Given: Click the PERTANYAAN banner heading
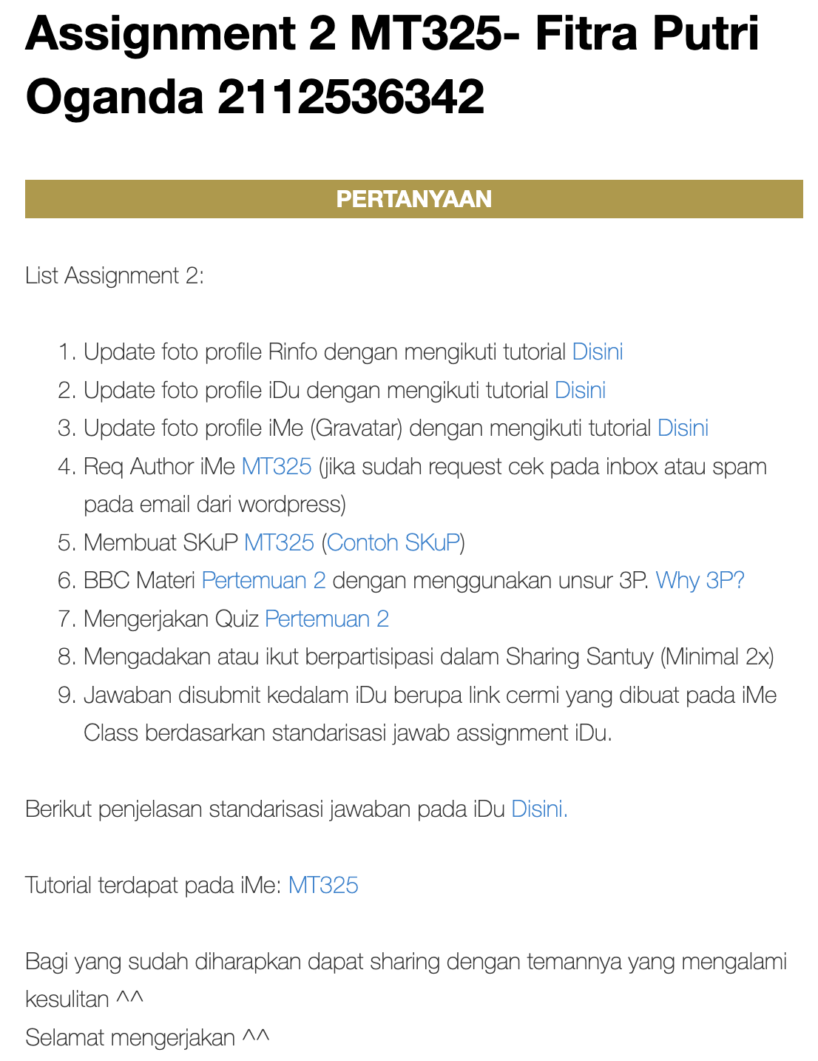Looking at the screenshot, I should (x=413, y=199).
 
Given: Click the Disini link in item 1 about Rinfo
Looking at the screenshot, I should (x=598, y=351).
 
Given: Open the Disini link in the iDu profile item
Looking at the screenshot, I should (x=580, y=390).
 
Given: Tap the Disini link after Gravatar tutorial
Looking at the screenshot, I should (x=683, y=428).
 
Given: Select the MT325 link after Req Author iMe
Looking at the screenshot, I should (x=277, y=466).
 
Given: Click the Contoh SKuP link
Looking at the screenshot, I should (x=393, y=542).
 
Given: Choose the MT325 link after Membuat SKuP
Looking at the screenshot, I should (x=280, y=542).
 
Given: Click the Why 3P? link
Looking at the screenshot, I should (x=700, y=580).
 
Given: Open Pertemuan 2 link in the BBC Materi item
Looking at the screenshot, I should (x=263, y=580).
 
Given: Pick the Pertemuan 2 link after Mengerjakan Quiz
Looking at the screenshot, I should (x=327, y=619).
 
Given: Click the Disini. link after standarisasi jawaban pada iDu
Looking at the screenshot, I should (x=539, y=809).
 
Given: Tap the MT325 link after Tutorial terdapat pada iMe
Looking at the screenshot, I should (x=323, y=885).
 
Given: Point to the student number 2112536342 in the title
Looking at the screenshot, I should (x=351, y=97).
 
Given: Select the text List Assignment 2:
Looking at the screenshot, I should (x=115, y=276).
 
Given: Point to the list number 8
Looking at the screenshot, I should (x=66, y=657).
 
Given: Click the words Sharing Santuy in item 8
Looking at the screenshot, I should (x=580, y=657).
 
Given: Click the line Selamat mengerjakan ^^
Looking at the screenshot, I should (x=147, y=1037).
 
